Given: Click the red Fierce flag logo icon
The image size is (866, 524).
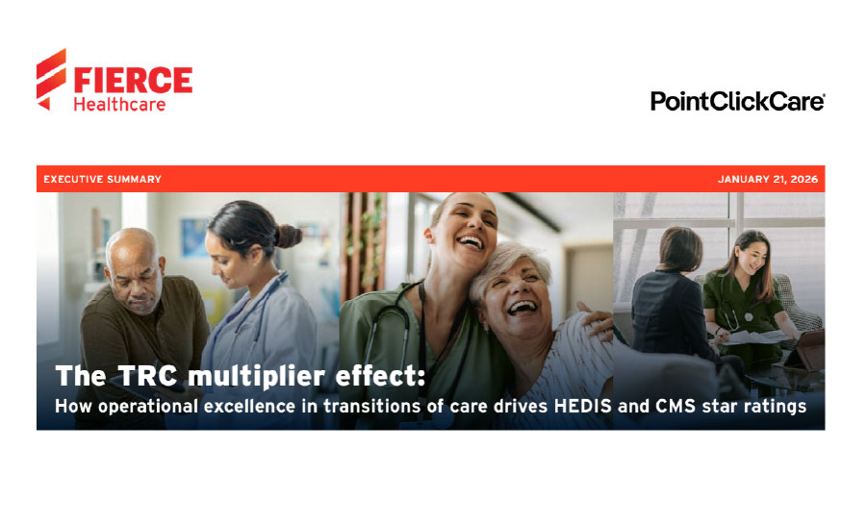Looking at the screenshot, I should pyautogui.click(x=52, y=79).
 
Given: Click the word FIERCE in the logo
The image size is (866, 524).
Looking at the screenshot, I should pyautogui.click(x=132, y=80).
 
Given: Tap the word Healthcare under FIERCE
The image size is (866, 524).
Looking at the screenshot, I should pyautogui.click(x=119, y=104).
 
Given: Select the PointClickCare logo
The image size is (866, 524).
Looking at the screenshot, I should pyautogui.click(x=737, y=101).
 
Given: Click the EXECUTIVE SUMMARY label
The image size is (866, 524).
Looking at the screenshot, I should pyautogui.click(x=102, y=179).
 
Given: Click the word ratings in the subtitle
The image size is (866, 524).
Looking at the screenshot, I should pyautogui.click(x=775, y=406).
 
